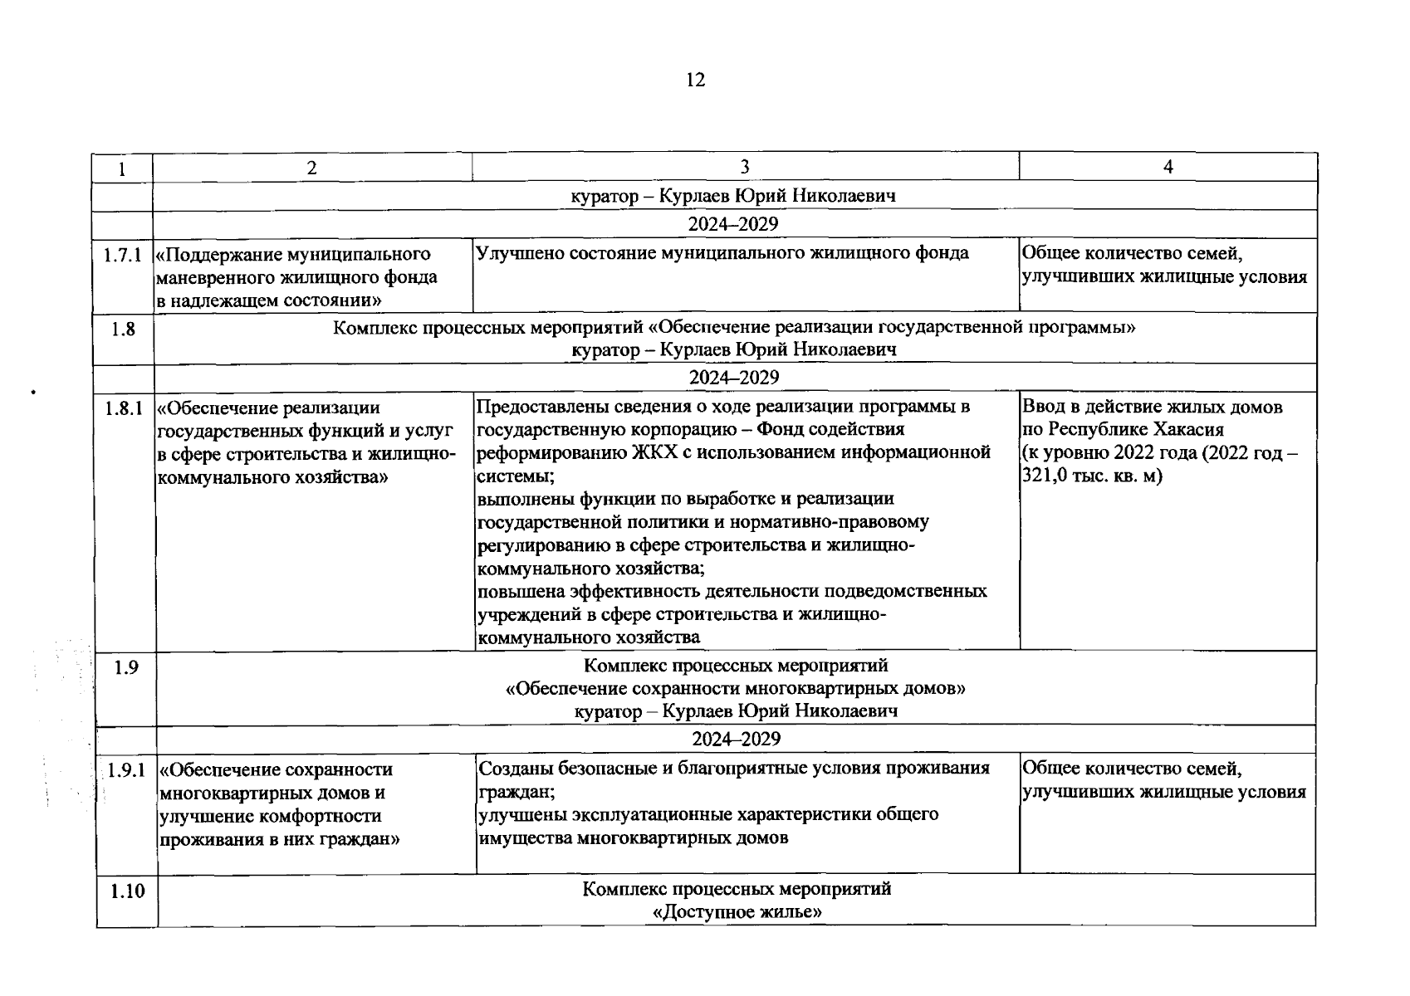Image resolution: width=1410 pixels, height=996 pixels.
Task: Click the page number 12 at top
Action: tap(696, 80)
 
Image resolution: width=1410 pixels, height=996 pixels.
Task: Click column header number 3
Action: tap(745, 167)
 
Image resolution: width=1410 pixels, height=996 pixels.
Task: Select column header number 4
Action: tap(1168, 167)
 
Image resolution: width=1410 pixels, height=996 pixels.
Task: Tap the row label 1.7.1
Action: tap(123, 254)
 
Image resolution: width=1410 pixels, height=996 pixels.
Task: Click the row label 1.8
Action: tap(123, 329)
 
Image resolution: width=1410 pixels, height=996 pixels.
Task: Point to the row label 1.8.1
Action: tap(125, 408)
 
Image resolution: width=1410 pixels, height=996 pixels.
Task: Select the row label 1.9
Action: tap(126, 666)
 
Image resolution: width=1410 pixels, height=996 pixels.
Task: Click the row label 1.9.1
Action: tap(126, 770)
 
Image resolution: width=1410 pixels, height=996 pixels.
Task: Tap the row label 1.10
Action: tap(126, 891)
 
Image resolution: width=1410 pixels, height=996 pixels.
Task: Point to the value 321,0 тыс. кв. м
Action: tap(1092, 476)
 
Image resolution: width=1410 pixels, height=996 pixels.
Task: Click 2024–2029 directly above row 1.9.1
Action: tap(737, 739)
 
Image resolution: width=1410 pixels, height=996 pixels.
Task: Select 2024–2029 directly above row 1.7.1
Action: tap(733, 224)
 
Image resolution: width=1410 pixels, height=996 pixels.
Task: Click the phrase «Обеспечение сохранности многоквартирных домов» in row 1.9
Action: tap(736, 688)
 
